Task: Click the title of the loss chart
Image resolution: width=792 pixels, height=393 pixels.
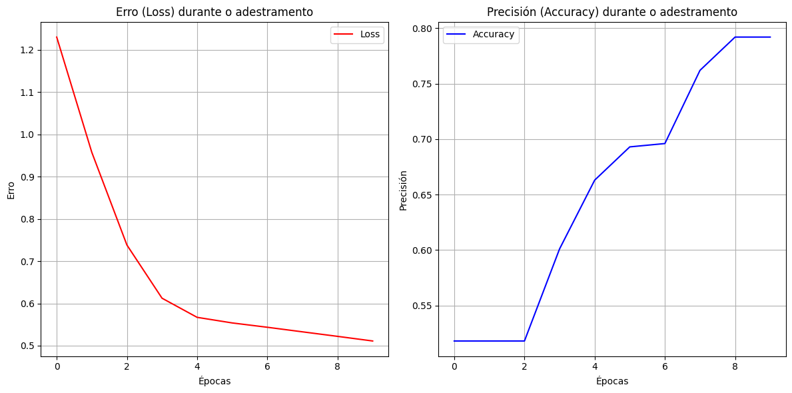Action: click(214, 12)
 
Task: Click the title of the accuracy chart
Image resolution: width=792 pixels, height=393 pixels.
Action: click(612, 12)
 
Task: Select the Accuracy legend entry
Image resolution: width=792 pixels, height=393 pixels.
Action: click(493, 35)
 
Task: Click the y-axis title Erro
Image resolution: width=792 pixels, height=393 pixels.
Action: click(11, 190)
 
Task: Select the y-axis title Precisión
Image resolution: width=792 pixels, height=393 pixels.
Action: click(403, 190)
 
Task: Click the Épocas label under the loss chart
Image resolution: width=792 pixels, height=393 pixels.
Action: click(214, 381)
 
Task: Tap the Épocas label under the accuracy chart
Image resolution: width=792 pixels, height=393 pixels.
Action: click(612, 381)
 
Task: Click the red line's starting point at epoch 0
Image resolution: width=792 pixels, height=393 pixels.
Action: click(57, 37)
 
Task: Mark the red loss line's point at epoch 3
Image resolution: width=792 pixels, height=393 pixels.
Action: click(162, 298)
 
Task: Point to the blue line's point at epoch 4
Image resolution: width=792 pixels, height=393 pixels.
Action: click(595, 180)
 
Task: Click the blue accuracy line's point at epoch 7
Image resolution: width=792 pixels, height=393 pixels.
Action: click(700, 71)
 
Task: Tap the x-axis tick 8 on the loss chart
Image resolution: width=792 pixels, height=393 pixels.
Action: click(337, 366)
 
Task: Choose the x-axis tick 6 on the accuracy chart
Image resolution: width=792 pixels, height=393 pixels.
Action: click(665, 366)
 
